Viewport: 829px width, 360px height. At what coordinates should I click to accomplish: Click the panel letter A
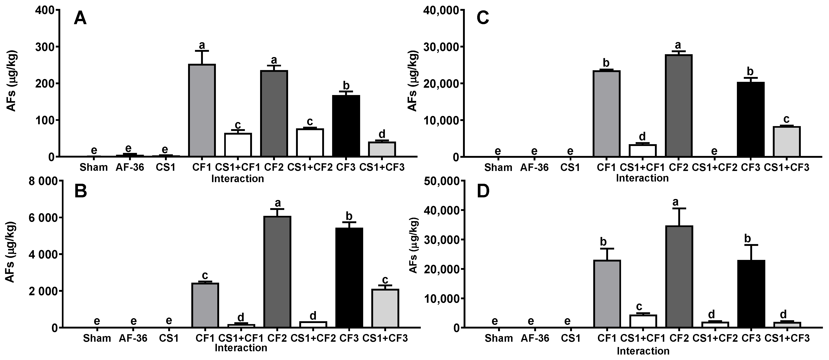(x=80, y=19)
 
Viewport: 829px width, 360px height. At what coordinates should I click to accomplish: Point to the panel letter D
(x=483, y=191)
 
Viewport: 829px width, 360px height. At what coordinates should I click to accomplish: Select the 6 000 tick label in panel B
(x=38, y=218)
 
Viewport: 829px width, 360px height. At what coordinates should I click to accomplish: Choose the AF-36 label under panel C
(x=534, y=168)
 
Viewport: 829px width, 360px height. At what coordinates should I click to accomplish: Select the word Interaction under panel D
(x=643, y=351)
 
